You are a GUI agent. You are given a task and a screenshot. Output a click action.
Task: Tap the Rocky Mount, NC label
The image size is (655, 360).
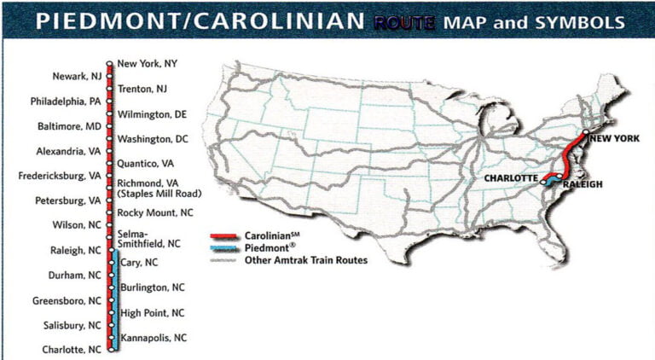(x=155, y=212)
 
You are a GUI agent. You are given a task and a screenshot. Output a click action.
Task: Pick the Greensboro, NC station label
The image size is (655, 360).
(x=67, y=300)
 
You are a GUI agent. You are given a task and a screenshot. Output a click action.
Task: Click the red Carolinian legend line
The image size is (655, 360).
(x=226, y=236)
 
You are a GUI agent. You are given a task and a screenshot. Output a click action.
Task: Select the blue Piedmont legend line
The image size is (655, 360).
(x=226, y=248)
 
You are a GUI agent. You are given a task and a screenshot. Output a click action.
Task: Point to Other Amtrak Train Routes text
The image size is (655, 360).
(x=307, y=260)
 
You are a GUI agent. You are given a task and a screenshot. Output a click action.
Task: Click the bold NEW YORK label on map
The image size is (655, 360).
(x=614, y=138)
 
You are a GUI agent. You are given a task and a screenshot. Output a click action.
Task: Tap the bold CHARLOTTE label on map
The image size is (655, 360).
(x=511, y=177)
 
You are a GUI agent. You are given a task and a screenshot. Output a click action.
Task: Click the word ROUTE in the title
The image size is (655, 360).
(x=404, y=21)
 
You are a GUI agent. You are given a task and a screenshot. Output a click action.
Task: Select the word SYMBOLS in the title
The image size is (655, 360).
(x=585, y=21)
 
